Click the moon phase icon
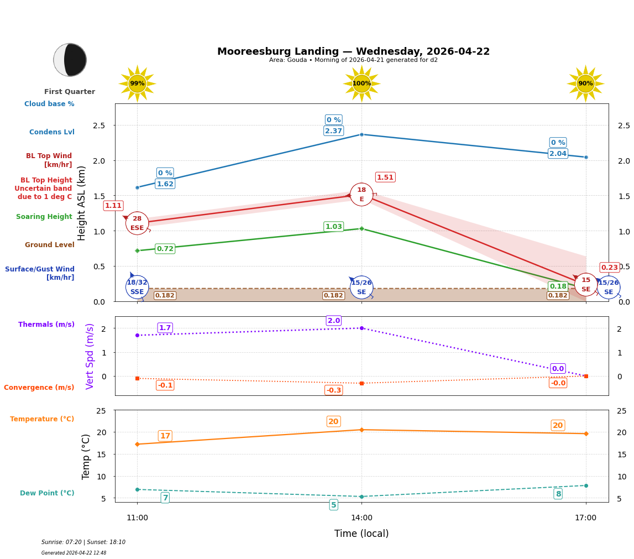point(70,60)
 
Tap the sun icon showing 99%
point(137,83)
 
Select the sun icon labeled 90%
point(585,83)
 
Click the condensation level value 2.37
point(333,131)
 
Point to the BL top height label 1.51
point(385,177)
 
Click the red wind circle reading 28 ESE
point(137,223)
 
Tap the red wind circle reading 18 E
point(361,195)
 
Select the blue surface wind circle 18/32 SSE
point(137,287)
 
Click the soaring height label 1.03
point(333,227)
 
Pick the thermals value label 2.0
point(334,321)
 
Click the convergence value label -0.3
point(334,390)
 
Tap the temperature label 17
point(165,436)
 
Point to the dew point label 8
point(558,494)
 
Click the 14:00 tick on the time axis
point(361,518)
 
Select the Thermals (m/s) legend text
point(46,325)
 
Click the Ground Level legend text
point(49,245)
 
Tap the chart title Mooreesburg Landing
point(353,51)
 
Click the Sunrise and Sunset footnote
point(83,542)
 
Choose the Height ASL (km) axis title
point(82,203)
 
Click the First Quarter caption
point(70,92)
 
